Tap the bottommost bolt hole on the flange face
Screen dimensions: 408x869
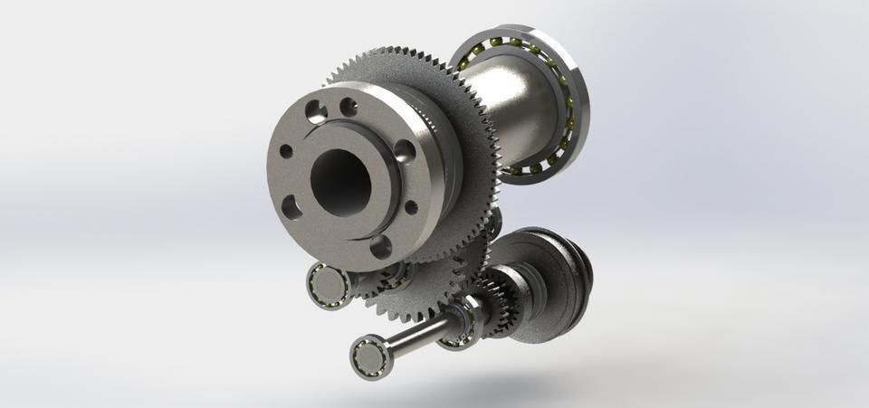[x=381, y=245]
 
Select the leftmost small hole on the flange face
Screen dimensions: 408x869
[x=286, y=152]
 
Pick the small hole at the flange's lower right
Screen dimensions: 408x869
[x=410, y=207]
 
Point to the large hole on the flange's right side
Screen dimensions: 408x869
[x=405, y=149]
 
